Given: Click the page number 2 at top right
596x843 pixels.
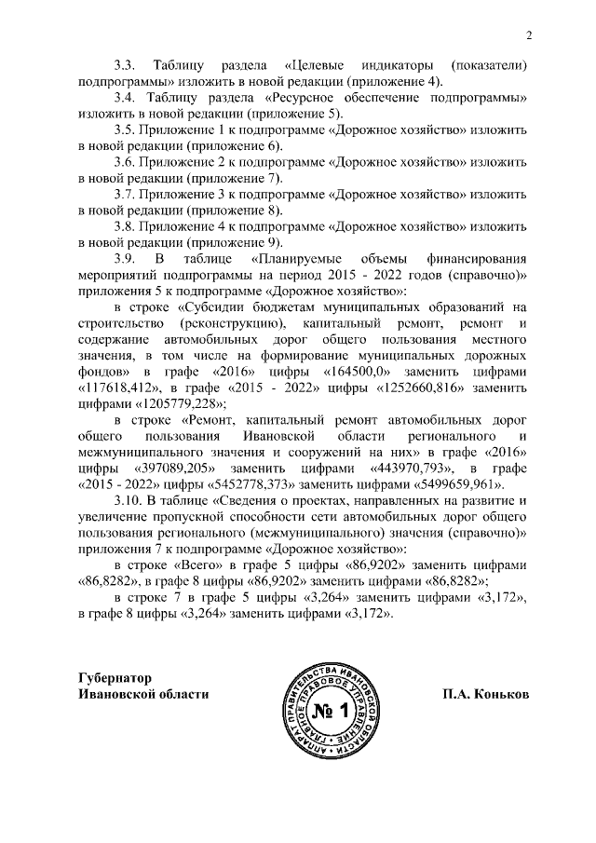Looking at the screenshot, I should [x=528, y=36].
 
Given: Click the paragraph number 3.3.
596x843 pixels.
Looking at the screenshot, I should [x=125, y=67].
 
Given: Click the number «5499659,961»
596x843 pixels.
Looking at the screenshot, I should [x=455, y=485].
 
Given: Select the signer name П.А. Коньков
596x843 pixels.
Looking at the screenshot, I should [x=485, y=694].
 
